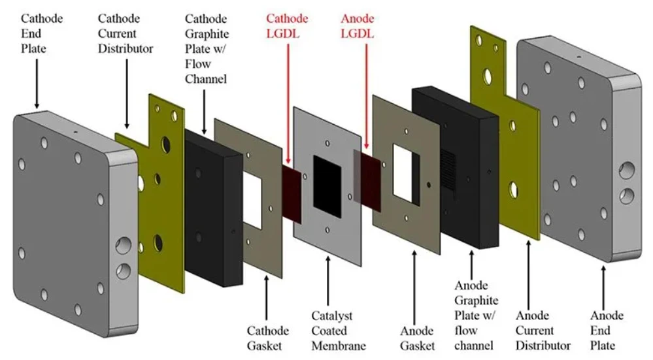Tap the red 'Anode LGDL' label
357,26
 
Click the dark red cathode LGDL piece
291,189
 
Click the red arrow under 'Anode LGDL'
367,98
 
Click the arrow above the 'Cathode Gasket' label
266,297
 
